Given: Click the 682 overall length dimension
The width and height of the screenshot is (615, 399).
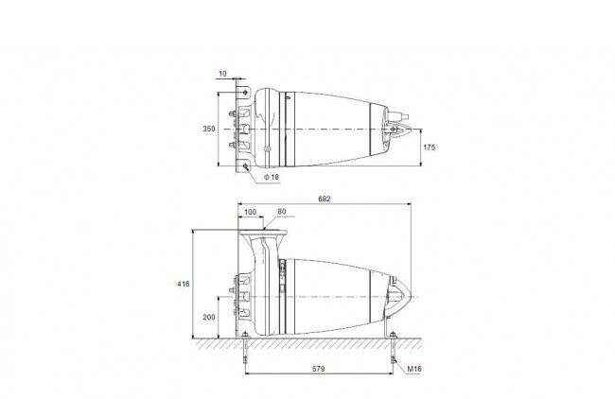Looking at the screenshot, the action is coord(324,199).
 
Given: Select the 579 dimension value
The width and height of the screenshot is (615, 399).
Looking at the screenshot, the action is coord(319,369).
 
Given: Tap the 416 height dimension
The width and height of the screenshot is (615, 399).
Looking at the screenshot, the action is coord(184,284).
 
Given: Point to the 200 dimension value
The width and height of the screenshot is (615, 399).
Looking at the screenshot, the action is coord(209,317).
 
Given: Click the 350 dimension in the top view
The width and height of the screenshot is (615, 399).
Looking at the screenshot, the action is coord(209,129).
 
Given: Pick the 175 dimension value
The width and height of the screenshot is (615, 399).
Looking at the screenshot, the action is coord(430,147).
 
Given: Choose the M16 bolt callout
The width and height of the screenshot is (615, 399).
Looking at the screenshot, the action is coord(414,369).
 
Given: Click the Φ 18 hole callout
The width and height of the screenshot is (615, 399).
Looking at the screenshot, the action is coord(272,177).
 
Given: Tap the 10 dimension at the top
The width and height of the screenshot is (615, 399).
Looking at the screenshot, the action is coord(222,74).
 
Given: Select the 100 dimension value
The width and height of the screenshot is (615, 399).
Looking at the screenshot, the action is coord(250,212).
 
